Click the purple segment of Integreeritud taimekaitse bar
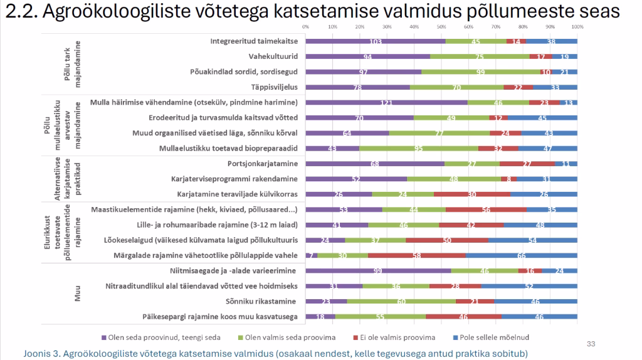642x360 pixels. click(375, 41)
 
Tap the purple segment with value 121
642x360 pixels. click(386, 102)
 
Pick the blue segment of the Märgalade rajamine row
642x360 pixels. click(521, 256)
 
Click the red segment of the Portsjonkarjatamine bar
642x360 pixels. click(527, 164)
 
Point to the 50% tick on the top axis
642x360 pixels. click(441, 27)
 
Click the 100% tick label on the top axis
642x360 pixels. click(577, 27)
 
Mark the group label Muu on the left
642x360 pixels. click(78, 294)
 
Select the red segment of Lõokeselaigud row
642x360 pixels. click(447, 240)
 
